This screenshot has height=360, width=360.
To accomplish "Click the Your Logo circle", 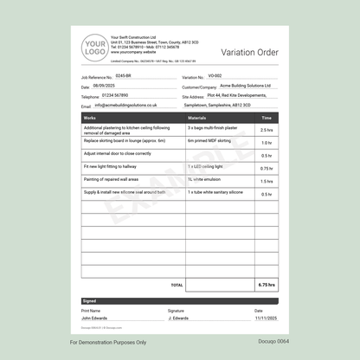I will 94,48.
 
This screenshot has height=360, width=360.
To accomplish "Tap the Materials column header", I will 196,118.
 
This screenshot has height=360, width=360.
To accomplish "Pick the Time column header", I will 267,118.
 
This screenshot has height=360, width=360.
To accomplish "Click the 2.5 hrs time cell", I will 267,130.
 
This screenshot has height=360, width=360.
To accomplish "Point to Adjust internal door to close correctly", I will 117,153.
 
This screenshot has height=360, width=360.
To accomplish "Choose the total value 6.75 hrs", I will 267,284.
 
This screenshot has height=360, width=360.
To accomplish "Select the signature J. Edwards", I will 181,318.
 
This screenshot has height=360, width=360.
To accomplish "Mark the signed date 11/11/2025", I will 265,318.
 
